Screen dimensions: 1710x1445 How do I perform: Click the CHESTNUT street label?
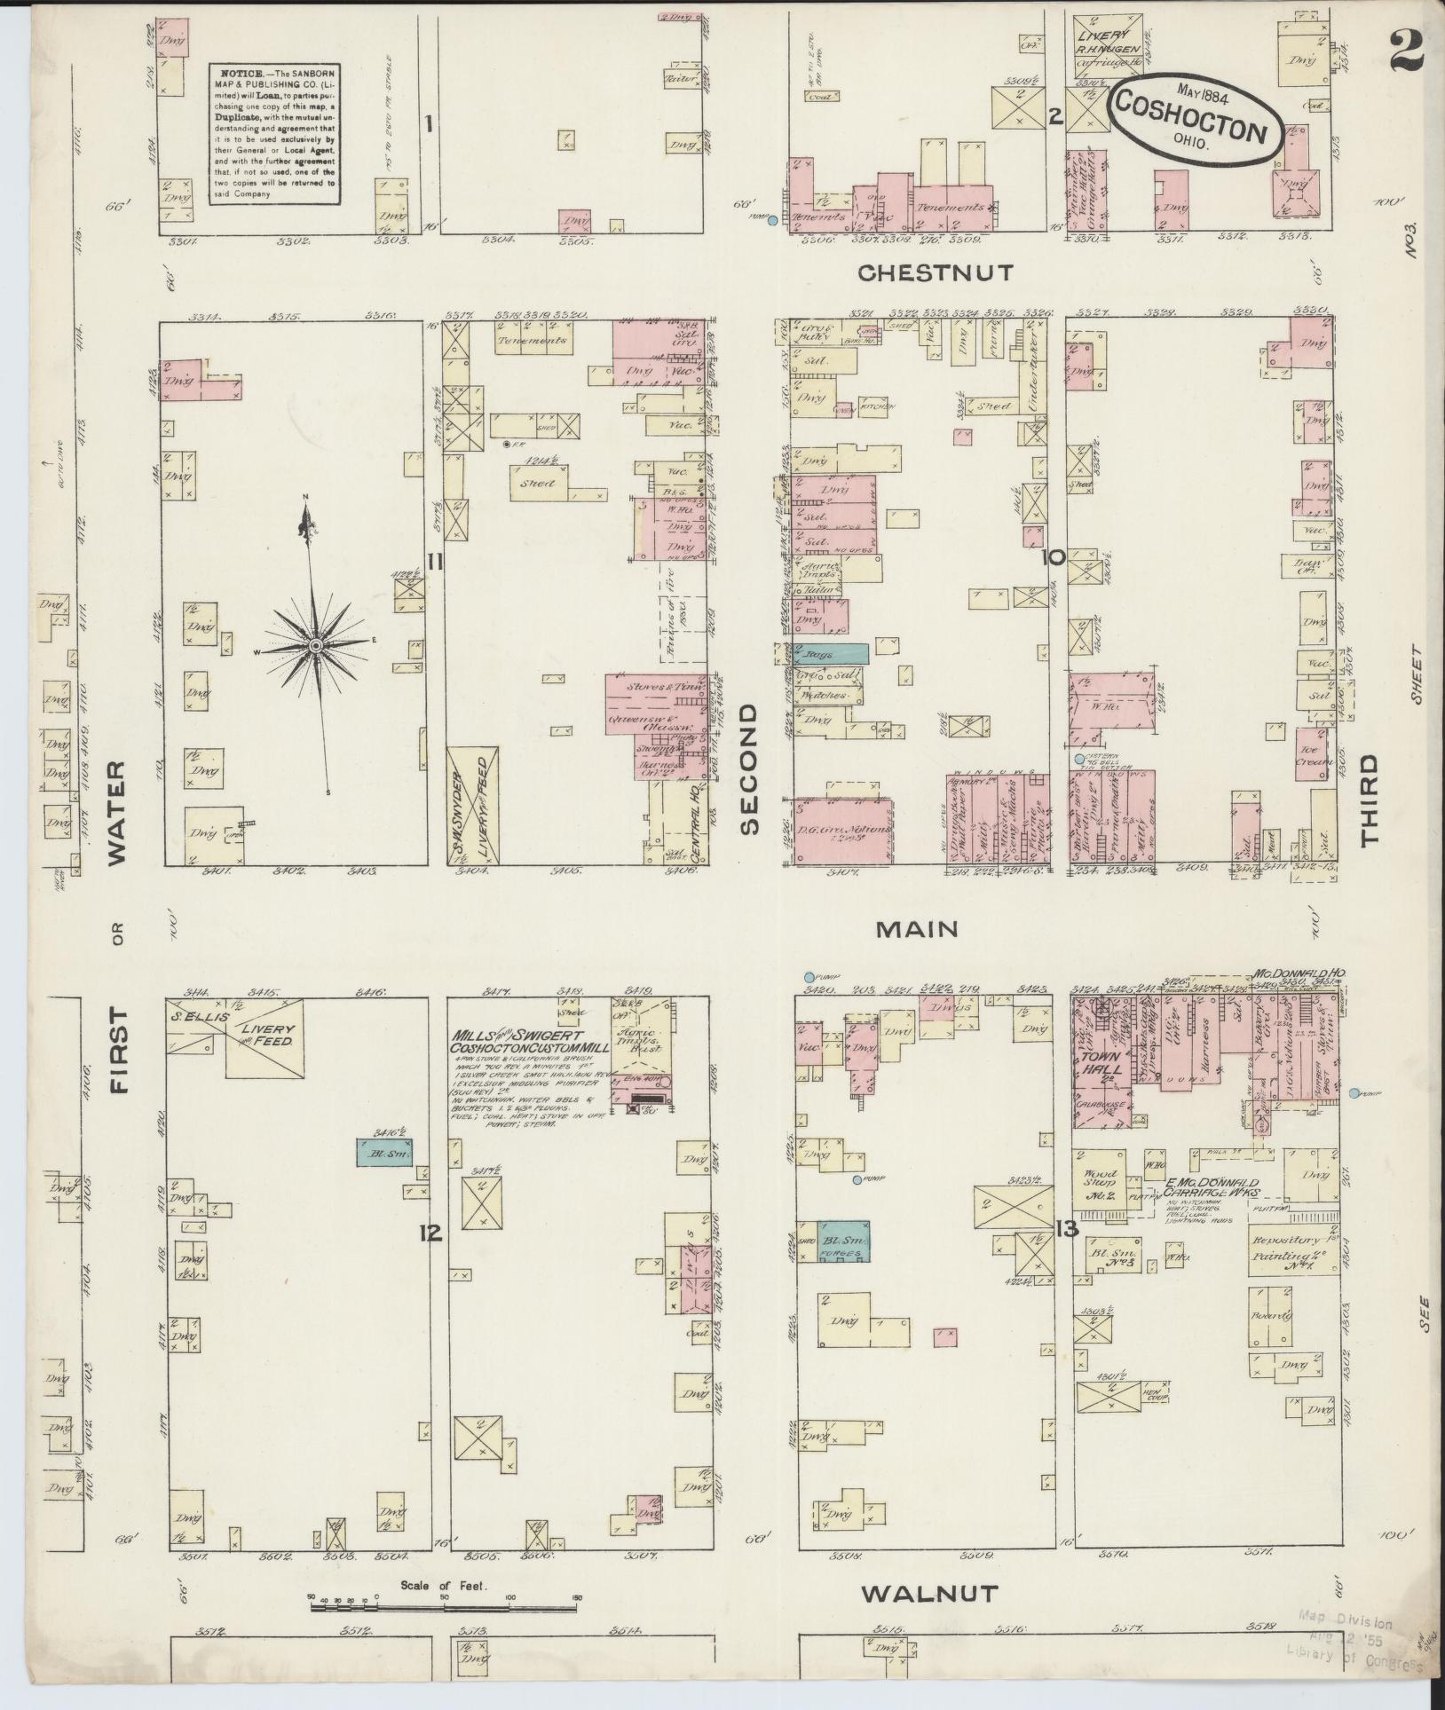click(x=935, y=272)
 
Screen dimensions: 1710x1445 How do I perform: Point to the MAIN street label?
click(x=917, y=929)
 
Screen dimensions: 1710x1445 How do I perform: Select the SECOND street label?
click(x=750, y=769)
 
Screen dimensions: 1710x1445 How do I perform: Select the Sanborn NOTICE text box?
click(x=274, y=133)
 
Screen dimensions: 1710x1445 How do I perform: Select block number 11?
click(x=434, y=561)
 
